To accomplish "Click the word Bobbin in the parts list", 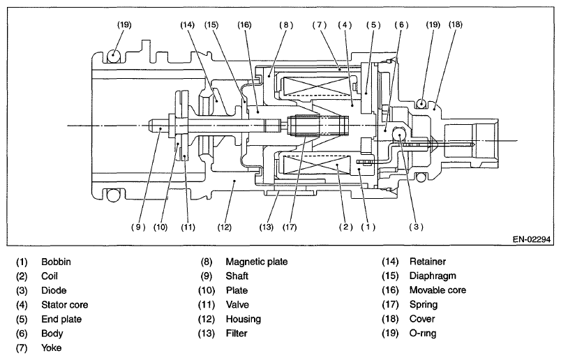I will pyautogui.click(x=56, y=262).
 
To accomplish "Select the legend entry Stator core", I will pyautogui.click(x=64, y=304).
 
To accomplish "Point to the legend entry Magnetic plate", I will pyautogui.click(x=256, y=262).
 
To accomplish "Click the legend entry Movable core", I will pyautogui.click(x=437, y=290).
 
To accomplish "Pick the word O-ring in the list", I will pyautogui.click(x=423, y=333).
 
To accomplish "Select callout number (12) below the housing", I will pyautogui.click(x=224, y=227).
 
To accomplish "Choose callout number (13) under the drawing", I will pyautogui.click(x=266, y=227).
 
